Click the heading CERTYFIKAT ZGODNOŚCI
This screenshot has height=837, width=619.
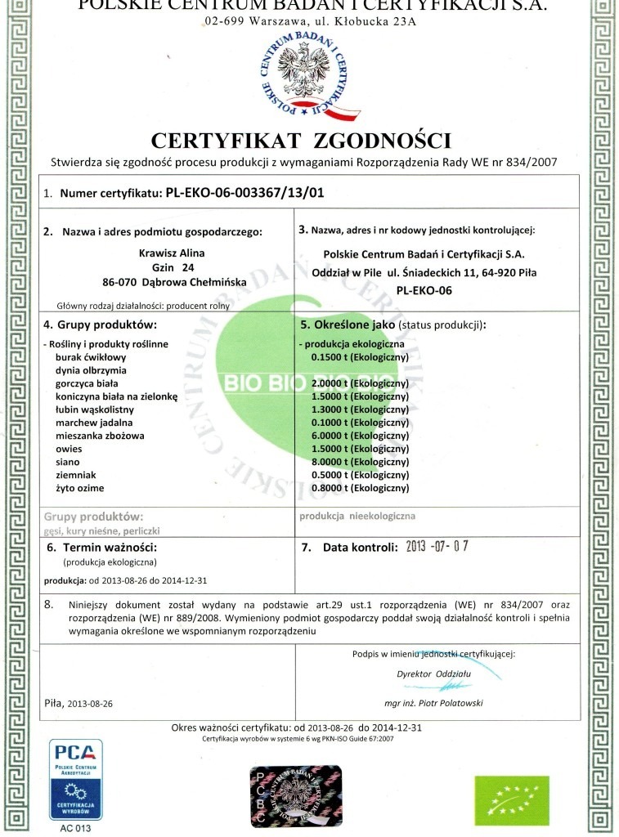point(300,138)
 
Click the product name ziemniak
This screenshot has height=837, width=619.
point(78,475)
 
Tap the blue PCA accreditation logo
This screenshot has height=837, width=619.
point(76,781)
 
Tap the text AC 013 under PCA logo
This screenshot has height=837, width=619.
point(76,828)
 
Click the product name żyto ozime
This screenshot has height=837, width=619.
point(79,488)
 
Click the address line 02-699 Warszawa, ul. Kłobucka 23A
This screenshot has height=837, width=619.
point(310,20)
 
